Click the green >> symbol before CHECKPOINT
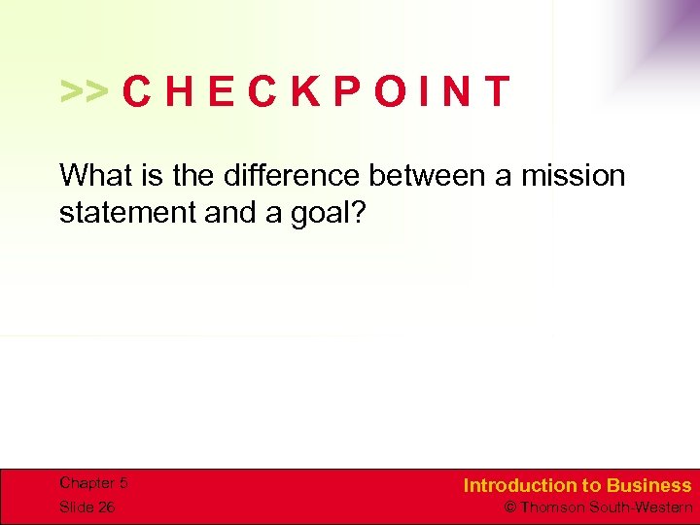[x=85, y=91]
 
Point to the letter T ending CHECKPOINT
[x=496, y=91]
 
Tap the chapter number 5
[x=123, y=483]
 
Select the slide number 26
[x=105, y=507]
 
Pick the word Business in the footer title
[x=649, y=485]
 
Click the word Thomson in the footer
[x=552, y=507]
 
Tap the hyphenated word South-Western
[x=644, y=507]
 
